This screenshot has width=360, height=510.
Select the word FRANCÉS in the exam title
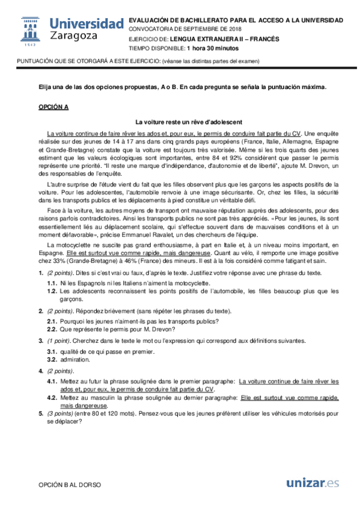coord(263,38)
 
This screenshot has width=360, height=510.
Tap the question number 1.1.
coord(52,282)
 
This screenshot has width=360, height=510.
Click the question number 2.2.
coord(52,329)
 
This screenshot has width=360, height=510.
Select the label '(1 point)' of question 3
coord(60,340)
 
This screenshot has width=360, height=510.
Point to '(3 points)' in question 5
coord(61,414)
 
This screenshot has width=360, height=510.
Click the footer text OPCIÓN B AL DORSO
coord(70,484)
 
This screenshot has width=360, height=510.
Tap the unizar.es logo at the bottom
coord(313,483)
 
